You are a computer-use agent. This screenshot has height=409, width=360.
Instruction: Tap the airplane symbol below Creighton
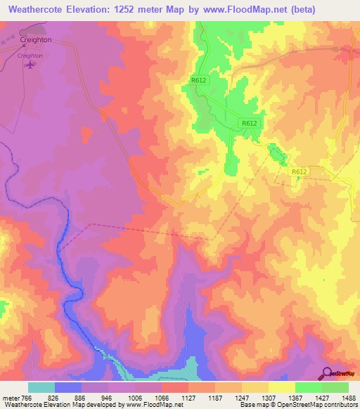30,65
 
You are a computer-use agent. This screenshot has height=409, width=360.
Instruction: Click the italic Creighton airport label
30,55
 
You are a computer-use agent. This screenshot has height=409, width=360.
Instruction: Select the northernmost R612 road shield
198,81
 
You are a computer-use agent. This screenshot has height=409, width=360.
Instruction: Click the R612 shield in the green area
249,123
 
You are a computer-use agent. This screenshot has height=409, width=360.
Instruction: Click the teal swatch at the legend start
41,387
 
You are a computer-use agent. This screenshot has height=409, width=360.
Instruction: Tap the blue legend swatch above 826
68,387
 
